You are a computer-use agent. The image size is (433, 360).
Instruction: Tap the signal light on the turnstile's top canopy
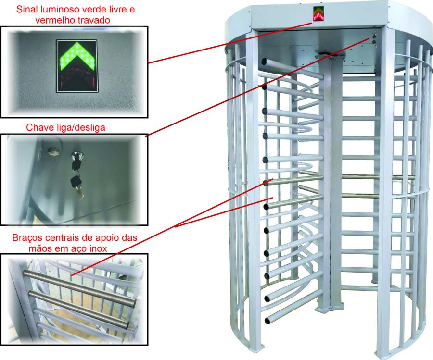click(318, 14)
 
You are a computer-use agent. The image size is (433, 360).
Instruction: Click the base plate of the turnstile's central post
click(330, 306)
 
